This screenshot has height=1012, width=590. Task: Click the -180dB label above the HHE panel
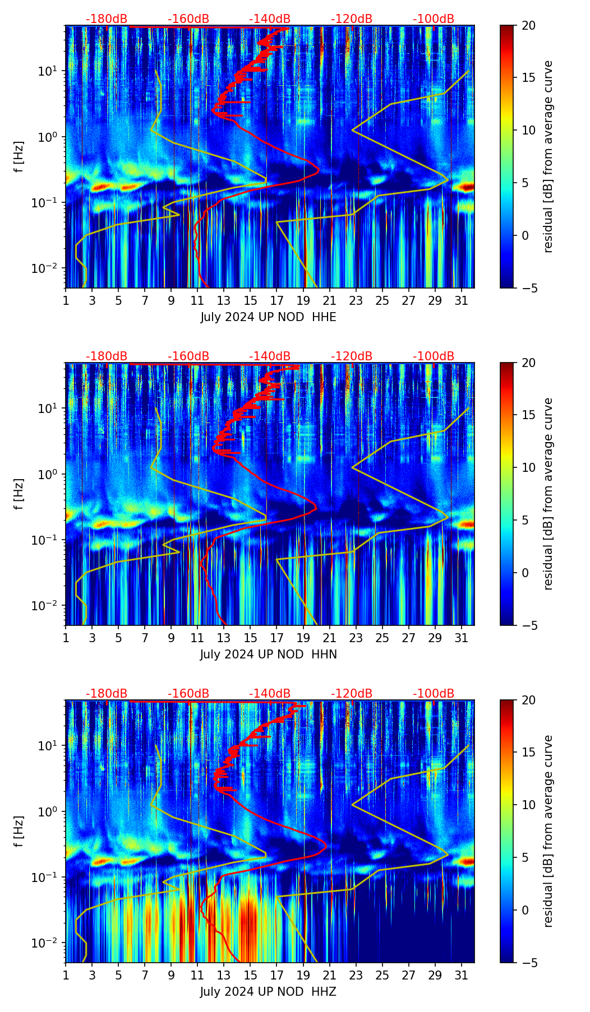107,19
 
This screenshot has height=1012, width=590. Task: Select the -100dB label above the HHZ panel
434,694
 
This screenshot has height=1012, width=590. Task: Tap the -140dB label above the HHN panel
270,356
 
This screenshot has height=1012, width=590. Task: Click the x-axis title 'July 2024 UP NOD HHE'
268,317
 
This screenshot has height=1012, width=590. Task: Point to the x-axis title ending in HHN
268,654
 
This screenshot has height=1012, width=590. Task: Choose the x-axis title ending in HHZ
268,992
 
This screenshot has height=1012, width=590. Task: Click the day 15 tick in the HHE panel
250,300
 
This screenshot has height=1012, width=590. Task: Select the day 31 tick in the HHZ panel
461,975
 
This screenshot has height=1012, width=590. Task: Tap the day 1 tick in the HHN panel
66,638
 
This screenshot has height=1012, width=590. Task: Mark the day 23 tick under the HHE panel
356,300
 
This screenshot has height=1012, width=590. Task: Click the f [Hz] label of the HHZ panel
19,831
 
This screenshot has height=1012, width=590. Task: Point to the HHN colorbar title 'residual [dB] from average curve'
548,494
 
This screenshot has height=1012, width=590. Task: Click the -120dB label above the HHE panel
352,19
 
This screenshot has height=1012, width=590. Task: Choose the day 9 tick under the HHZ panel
171,975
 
